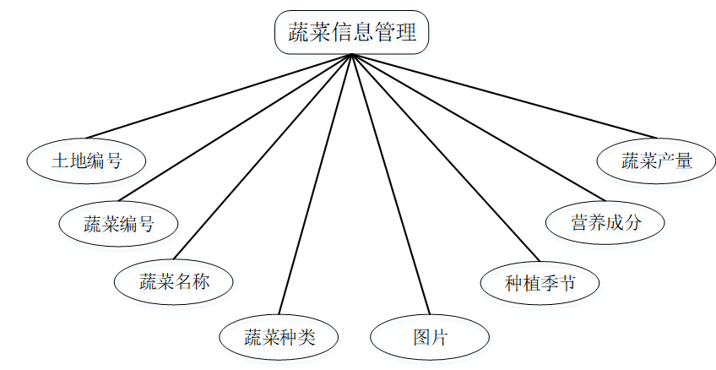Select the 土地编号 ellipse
tap(87, 161)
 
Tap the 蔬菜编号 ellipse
tap(119, 223)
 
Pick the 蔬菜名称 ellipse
tap(174, 281)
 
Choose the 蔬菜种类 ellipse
tap(279, 338)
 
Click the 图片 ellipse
tap(430, 338)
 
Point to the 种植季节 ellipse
tap(540, 281)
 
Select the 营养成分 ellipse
tap(605, 223)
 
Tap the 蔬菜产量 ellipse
tap(657, 161)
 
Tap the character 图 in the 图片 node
tap(421, 338)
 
